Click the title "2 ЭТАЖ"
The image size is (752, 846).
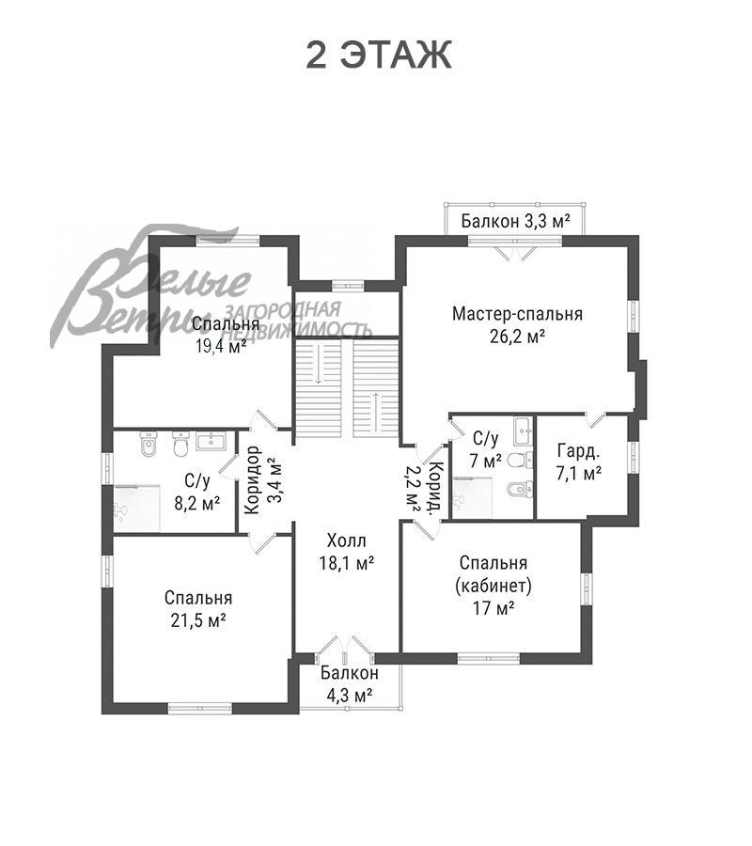tap(378, 55)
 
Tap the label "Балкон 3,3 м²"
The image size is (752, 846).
tap(516, 221)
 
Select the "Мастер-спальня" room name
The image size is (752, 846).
tap(517, 314)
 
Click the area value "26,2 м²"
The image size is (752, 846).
tap(517, 337)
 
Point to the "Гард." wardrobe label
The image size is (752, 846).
tap(578, 451)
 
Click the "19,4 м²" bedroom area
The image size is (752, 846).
tap(221, 346)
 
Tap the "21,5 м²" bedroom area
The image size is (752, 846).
tap(198, 621)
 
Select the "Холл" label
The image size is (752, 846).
tap(346, 540)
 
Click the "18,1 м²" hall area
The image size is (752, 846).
tap(346, 563)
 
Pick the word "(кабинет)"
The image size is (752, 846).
tap(493, 586)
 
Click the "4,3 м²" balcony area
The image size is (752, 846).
tap(349, 696)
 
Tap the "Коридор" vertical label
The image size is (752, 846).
tap(253, 479)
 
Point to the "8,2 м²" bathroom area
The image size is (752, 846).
tap(196, 504)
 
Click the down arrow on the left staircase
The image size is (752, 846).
tap(319, 363)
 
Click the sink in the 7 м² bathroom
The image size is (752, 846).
tap(524, 431)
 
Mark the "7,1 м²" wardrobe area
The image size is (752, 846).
tap(578, 475)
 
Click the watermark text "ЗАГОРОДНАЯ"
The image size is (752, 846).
tap(282, 310)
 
